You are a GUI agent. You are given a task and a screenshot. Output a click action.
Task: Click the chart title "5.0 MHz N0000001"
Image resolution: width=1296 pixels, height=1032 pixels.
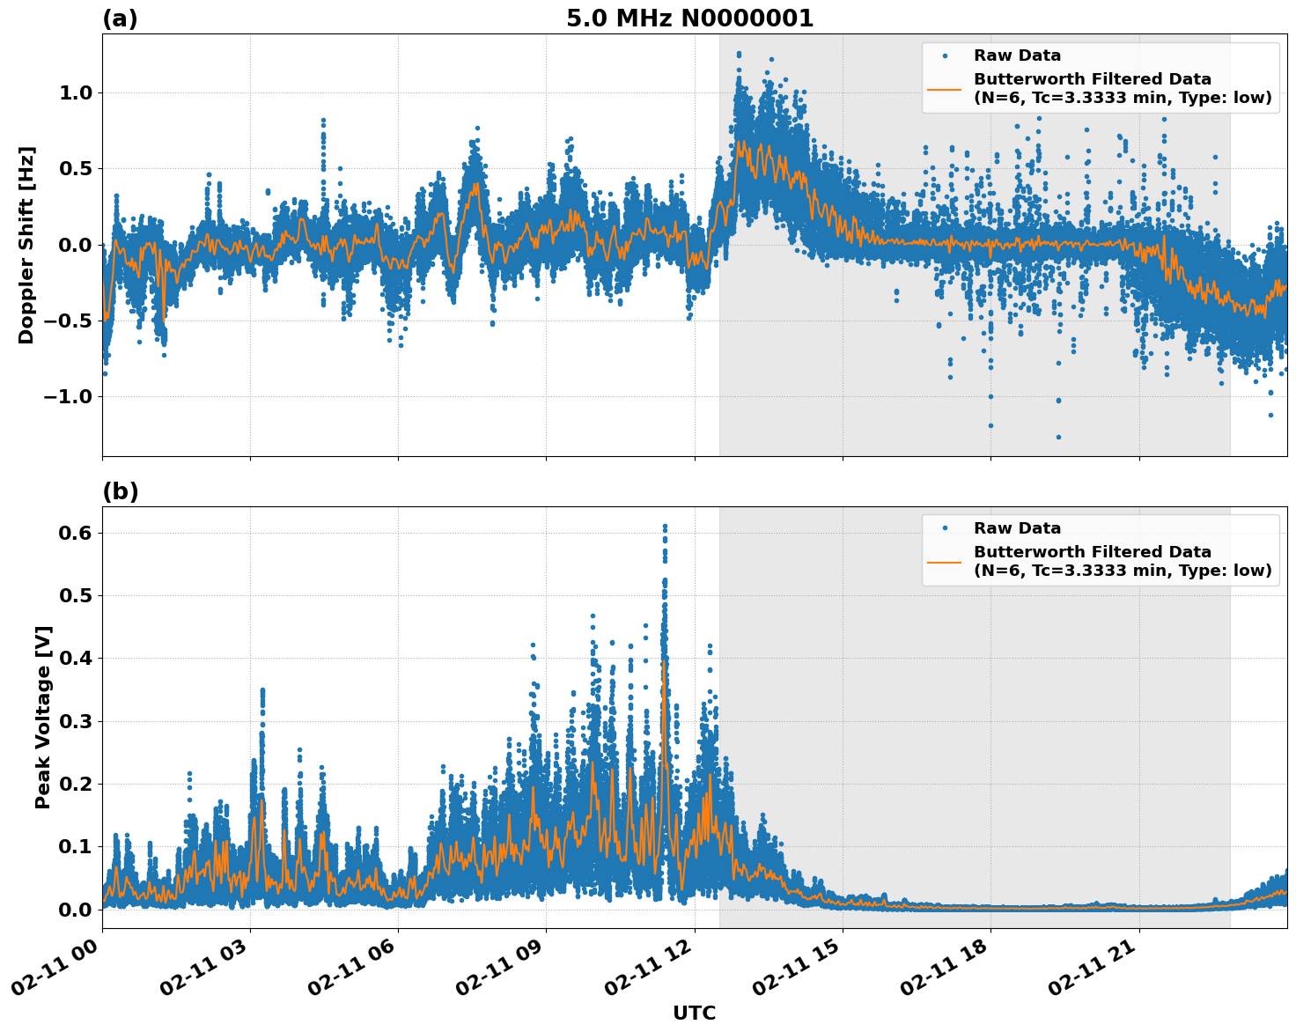coord(689,18)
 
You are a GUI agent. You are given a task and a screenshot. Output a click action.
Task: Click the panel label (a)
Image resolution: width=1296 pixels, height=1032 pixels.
coord(120,18)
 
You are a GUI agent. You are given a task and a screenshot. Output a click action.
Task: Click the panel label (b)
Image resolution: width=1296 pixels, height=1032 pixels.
coord(120,491)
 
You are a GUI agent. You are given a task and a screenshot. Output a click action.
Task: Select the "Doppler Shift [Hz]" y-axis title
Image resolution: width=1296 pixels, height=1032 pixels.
coord(26,245)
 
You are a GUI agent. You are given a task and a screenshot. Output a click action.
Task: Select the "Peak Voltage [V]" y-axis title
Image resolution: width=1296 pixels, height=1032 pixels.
coord(43,717)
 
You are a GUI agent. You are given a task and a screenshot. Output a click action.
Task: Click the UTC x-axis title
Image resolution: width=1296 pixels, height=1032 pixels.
coord(694,1013)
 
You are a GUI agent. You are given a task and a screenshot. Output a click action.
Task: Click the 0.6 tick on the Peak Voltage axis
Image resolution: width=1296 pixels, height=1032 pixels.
coord(76,533)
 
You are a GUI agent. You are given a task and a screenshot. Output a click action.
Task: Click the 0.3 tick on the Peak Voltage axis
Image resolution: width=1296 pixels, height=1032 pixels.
coord(76,721)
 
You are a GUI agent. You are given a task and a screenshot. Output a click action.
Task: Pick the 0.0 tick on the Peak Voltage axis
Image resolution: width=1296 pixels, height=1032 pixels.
coord(76,910)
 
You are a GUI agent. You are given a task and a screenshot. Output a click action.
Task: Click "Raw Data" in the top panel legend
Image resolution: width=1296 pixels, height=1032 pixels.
coord(1017,55)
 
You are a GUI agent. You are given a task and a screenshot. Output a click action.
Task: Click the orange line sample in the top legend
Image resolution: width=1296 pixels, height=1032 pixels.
coord(945,89)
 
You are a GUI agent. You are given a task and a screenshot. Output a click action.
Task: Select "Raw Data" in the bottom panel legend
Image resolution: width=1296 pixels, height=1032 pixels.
coord(1017,528)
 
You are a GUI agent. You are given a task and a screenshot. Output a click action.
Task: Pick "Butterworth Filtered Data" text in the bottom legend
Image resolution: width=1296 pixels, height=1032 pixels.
coord(1092,552)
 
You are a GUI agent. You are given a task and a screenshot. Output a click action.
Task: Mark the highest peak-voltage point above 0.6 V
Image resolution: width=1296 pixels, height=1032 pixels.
coord(665,527)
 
